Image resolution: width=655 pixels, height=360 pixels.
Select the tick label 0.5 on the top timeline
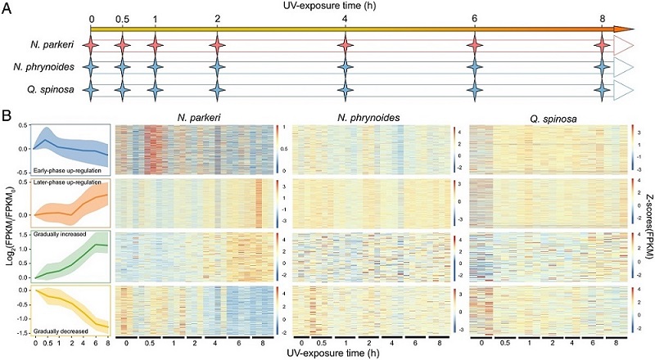click(x=122, y=19)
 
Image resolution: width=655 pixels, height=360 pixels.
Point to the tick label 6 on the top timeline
click(x=475, y=19)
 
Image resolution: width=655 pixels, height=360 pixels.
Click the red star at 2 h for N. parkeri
click(x=216, y=43)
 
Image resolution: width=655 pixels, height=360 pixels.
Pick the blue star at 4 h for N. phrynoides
click(x=345, y=66)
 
